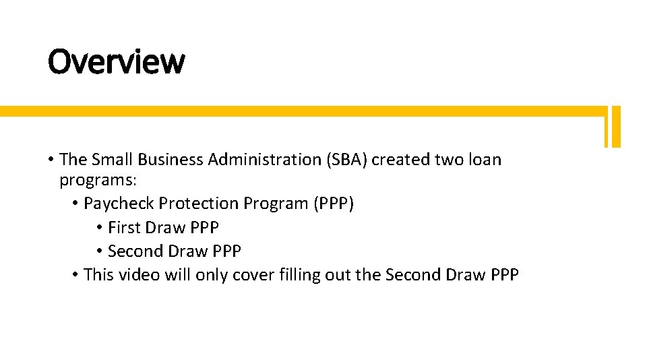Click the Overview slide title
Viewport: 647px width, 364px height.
coord(116,62)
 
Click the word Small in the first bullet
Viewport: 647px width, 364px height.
coord(112,160)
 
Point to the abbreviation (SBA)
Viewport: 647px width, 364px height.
coord(346,160)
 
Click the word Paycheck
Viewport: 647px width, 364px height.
coord(115,204)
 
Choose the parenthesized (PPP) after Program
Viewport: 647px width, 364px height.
coord(334,204)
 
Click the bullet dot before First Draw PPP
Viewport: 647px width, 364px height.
coord(99,228)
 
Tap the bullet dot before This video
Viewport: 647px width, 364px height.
coord(75,275)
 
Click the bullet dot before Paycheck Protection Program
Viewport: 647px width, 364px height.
coord(75,204)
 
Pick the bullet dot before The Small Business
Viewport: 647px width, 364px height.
coord(51,160)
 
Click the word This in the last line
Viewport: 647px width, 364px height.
coord(99,275)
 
